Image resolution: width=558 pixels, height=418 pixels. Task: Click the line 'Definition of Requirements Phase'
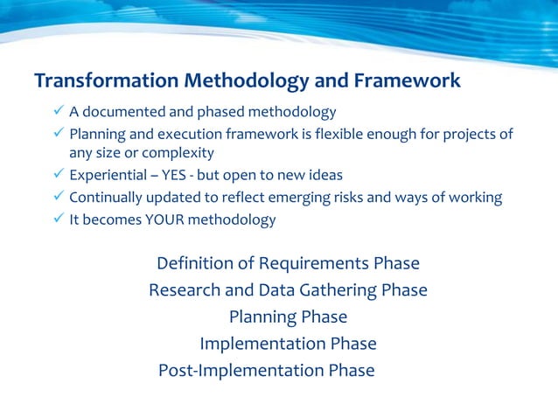[x=288, y=263]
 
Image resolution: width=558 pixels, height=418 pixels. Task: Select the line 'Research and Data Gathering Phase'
[x=288, y=289]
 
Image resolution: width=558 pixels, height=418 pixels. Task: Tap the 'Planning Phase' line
[x=288, y=317]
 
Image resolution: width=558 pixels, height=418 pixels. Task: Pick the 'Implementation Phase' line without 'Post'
[x=288, y=344]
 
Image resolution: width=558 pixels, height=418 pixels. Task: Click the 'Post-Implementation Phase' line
[x=266, y=370]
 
